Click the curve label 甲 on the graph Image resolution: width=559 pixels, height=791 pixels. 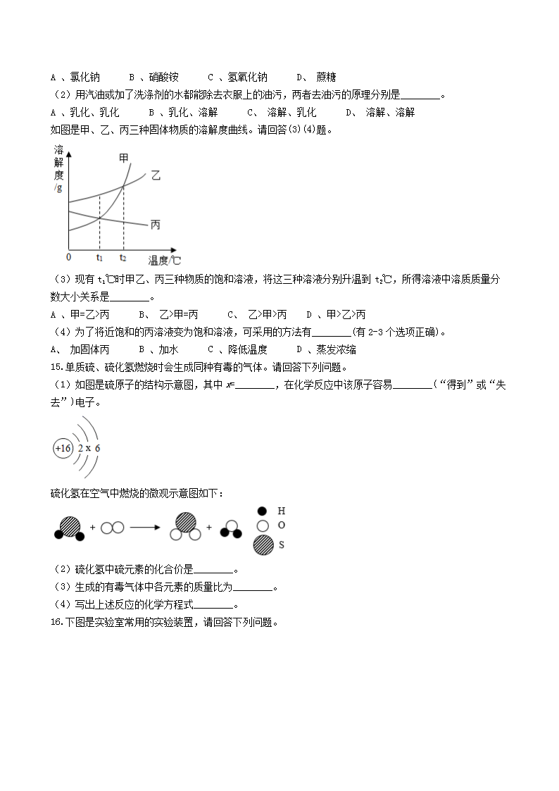click(x=123, y=158)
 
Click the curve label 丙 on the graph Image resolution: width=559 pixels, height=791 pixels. click(x=155, y=225)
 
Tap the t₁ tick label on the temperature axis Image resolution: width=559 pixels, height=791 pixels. click(x=99, y=258)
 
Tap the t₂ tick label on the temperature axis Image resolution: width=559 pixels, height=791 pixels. click(x=123, y=258)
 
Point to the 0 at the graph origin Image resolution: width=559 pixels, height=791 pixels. click(x=68, y=257)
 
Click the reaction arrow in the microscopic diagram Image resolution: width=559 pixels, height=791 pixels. click(x=146, y=526)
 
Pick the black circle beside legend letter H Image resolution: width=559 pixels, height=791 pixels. click(x=263, y=511)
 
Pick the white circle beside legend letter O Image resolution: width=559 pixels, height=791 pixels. click(x=263, y=526)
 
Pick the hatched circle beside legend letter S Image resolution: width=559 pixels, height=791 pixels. click(x=263, y=544)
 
